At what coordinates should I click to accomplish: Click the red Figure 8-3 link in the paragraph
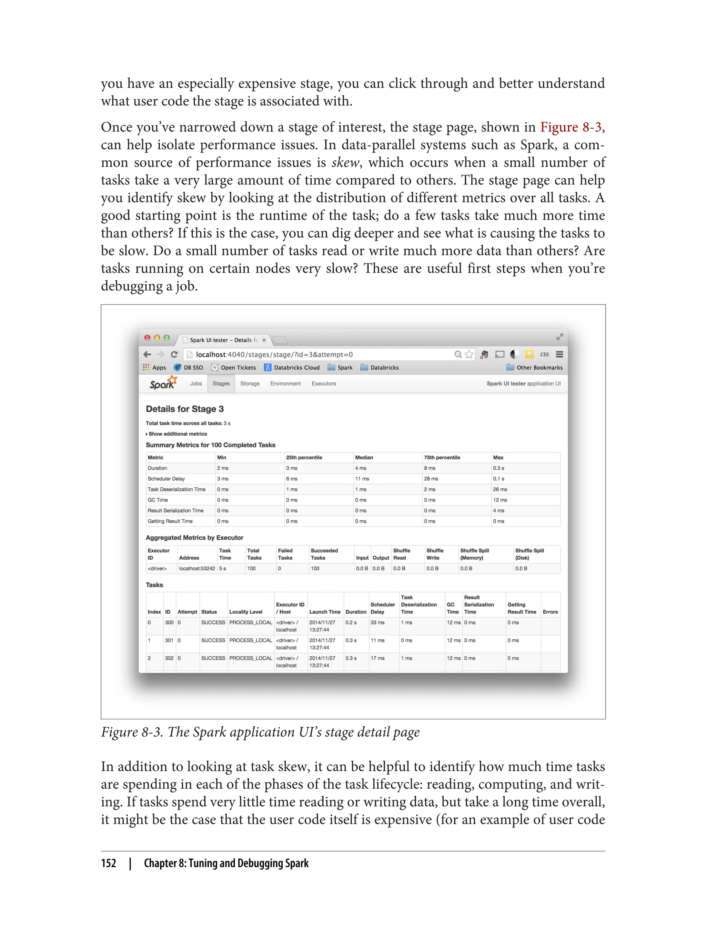click(x=571, y=127)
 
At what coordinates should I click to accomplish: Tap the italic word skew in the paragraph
click(x=345, y=163)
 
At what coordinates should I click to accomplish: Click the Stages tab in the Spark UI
click(x=221, y=383)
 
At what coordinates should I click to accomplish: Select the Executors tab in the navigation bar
click(x=324, y=383)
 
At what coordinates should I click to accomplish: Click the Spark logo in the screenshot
click(x=163, y=383)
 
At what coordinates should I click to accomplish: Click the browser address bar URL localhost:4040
click(x=274, y=355)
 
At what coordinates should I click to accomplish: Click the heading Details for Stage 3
click(x=184, y=409)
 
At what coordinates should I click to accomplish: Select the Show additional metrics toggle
click(x=177, y=434)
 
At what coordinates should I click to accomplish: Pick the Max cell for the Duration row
click(x=498, y=468)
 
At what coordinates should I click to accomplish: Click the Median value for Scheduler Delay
click(x=362, y=478)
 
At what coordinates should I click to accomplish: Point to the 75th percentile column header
click(x=442, y=457)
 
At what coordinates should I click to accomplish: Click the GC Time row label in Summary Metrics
click(x=158, y=500)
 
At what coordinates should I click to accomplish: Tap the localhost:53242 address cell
click(x=197, y=568)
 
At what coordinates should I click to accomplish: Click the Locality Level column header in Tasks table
click(x=245, y=612)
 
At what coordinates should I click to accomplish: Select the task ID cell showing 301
click(x=169, y=640)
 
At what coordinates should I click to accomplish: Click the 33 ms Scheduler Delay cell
click(x=377, y=622)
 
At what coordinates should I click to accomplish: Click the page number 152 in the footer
click(x=109, y=863)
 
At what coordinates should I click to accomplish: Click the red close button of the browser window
click(x=147, y=338)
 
